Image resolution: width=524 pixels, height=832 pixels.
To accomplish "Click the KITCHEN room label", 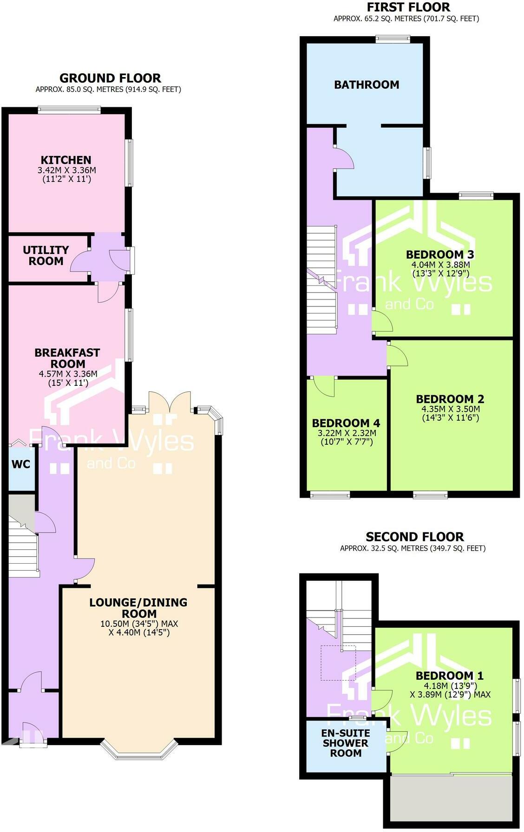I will pos(66,160).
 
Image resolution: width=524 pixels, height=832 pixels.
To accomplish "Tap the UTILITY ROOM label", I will pos(46,256).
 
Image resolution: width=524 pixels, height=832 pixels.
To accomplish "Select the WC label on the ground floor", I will pos(21,464).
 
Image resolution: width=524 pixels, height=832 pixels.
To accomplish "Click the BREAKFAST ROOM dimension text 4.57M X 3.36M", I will pos(68,374).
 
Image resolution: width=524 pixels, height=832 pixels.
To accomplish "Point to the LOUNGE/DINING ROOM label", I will pos(138,608).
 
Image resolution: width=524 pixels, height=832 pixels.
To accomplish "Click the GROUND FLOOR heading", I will pos(110,78).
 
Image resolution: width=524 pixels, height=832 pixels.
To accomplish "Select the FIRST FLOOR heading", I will pos(408,7).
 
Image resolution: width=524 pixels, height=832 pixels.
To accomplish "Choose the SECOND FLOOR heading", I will pos(414,537).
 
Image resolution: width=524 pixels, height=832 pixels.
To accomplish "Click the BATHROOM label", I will pos(367,84).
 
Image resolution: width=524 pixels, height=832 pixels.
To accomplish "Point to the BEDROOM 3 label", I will pos(440,254).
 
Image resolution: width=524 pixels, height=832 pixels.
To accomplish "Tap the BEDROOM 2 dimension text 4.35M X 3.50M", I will pos(451,409).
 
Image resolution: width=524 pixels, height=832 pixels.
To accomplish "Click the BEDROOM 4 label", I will pos(346,423).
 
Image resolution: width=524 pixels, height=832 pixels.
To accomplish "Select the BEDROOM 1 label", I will pos(450,676).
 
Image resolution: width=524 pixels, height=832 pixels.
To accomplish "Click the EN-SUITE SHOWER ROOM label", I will pos(346,743).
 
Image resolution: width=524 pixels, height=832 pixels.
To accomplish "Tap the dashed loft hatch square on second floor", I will pos(338,663).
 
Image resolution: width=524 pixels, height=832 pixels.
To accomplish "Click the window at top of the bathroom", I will pos(393,39).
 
